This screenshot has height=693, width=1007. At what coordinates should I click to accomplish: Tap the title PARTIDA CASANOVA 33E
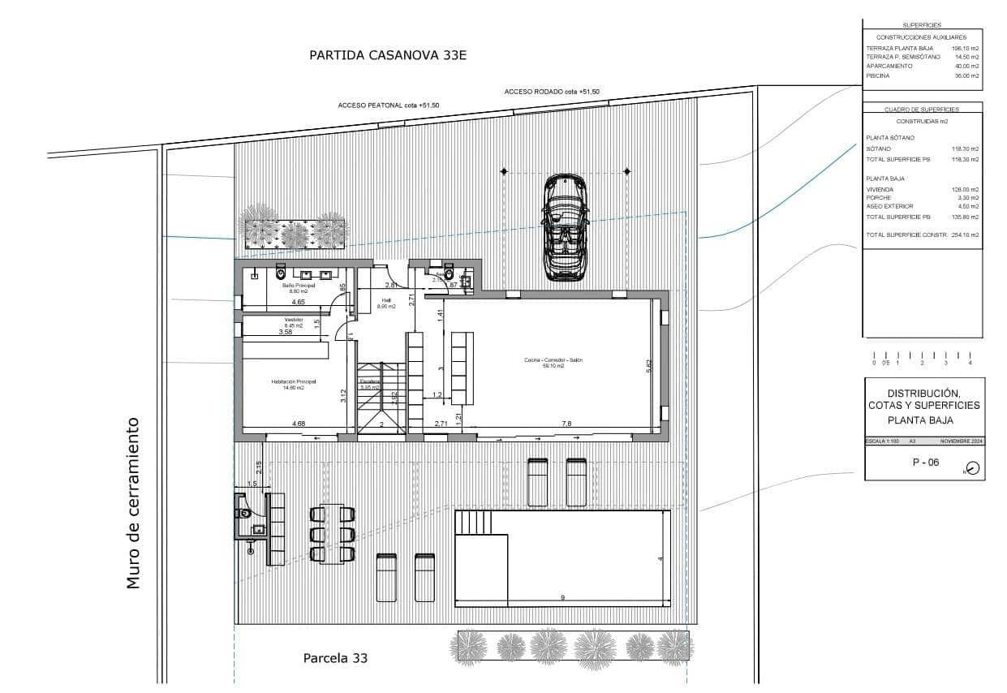coord(389,55)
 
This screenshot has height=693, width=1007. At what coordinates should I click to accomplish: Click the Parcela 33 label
coord(335,658)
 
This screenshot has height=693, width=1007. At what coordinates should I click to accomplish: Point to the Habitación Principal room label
coord(293,384)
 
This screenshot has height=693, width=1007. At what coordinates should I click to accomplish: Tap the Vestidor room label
coord(293,322)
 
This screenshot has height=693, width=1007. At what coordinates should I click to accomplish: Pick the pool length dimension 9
coord(563,598)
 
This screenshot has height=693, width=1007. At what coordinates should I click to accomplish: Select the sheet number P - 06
coord(926,463)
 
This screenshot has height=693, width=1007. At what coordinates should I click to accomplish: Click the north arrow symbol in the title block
coord(973,468)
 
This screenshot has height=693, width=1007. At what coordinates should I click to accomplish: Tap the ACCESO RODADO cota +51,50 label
coord(551,93)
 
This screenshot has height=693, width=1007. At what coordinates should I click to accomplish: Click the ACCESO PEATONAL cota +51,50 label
coord(388,105)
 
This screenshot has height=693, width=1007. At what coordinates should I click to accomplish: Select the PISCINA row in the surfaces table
coord(923,75)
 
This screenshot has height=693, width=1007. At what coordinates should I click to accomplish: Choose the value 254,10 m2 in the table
coord(965,235)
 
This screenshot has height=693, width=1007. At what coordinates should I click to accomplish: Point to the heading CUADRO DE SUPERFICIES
coord(922,109)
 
